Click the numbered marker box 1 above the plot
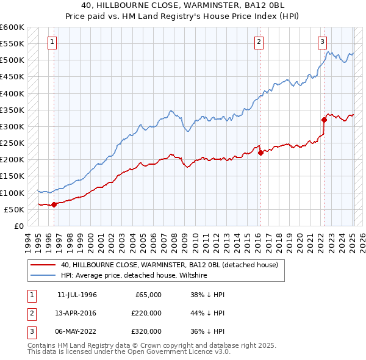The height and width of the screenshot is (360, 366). click(x=52, y=42)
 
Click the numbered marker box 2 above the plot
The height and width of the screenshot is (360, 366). click(x=259, y=42)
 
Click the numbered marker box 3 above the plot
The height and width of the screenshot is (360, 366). click(x=323, y=42)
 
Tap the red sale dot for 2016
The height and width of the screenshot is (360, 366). click(x=260, y=153)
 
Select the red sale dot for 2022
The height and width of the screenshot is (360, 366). click(x=324, y=120)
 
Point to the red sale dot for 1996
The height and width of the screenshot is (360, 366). click(x=54, y=204)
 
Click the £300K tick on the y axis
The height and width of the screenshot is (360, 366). click(x=12, y=126)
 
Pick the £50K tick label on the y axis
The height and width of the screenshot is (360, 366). click(x=14, y=209)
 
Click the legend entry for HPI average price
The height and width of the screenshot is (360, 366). click(x=134, y=276)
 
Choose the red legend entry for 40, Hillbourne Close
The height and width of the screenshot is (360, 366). click(x=169, y=265)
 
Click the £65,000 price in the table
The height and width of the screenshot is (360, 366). click(x=147, y=295)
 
